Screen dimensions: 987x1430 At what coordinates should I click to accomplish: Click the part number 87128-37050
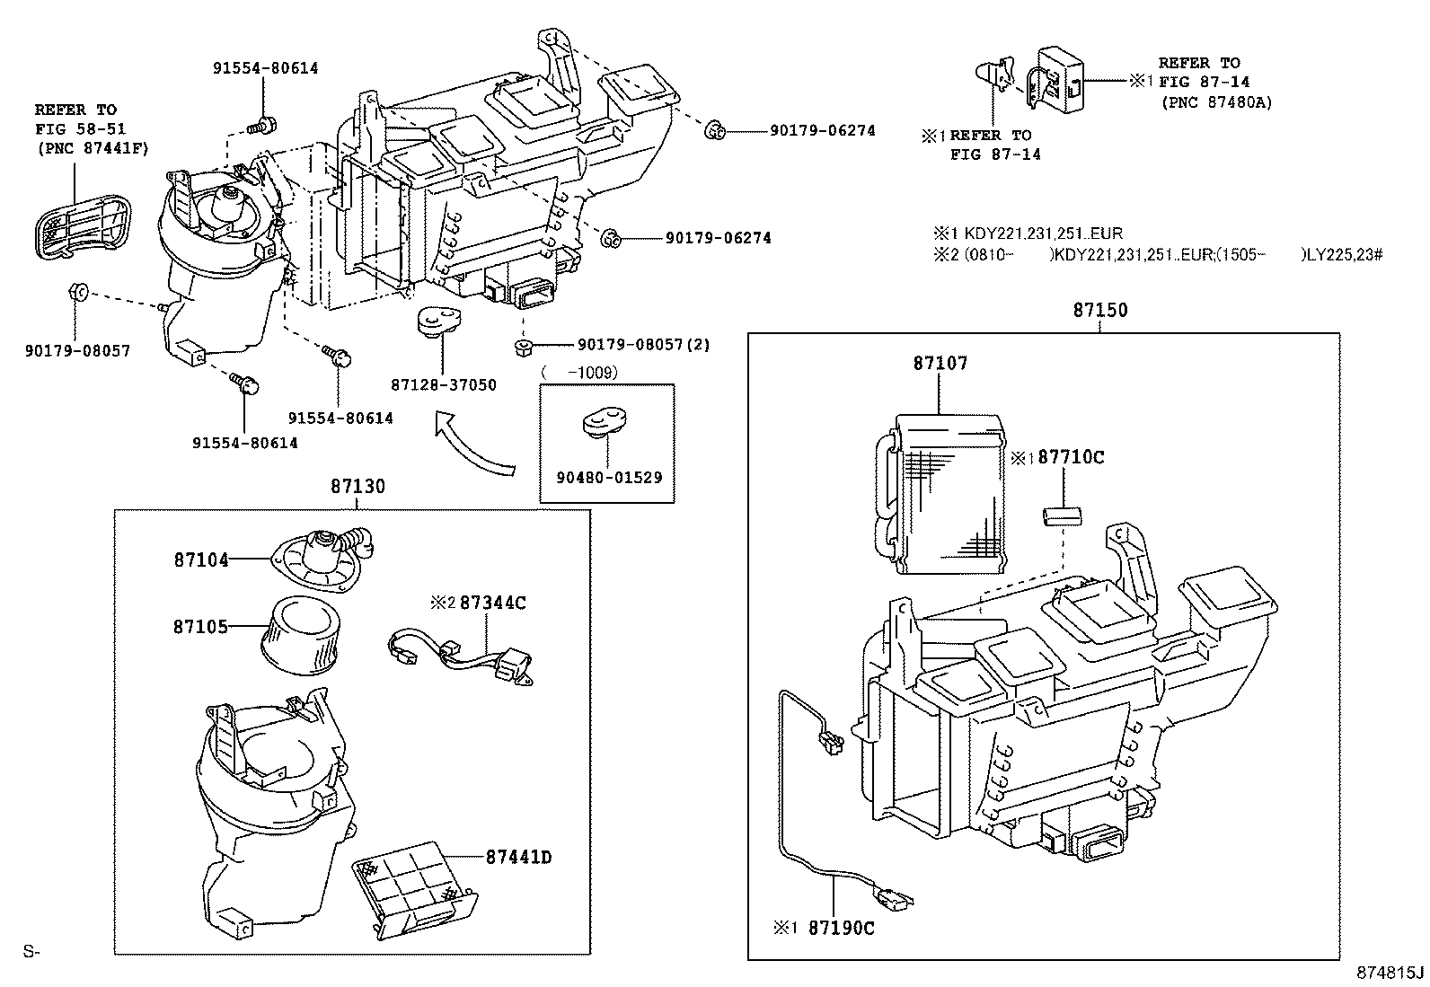coord(443,385)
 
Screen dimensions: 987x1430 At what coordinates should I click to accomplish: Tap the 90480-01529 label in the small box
coord(608,477)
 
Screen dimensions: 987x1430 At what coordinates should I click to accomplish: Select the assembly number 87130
coord(357,487)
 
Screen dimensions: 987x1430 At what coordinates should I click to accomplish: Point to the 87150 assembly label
coord(1099,310)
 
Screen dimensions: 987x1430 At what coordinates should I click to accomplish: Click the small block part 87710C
coord(1061,516)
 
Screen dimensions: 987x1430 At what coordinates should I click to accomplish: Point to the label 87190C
coord(840,928)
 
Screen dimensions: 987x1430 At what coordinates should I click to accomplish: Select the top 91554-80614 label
coord(265,68)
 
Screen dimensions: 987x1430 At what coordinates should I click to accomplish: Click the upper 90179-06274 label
coord(822,131)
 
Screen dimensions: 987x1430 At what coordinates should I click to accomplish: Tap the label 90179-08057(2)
coord(643,345)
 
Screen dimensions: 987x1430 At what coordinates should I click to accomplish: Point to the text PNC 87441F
coord(81,149)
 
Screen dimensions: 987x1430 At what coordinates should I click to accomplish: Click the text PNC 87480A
coord(1216,102)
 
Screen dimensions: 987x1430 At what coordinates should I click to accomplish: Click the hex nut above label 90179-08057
coord(77,291)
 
